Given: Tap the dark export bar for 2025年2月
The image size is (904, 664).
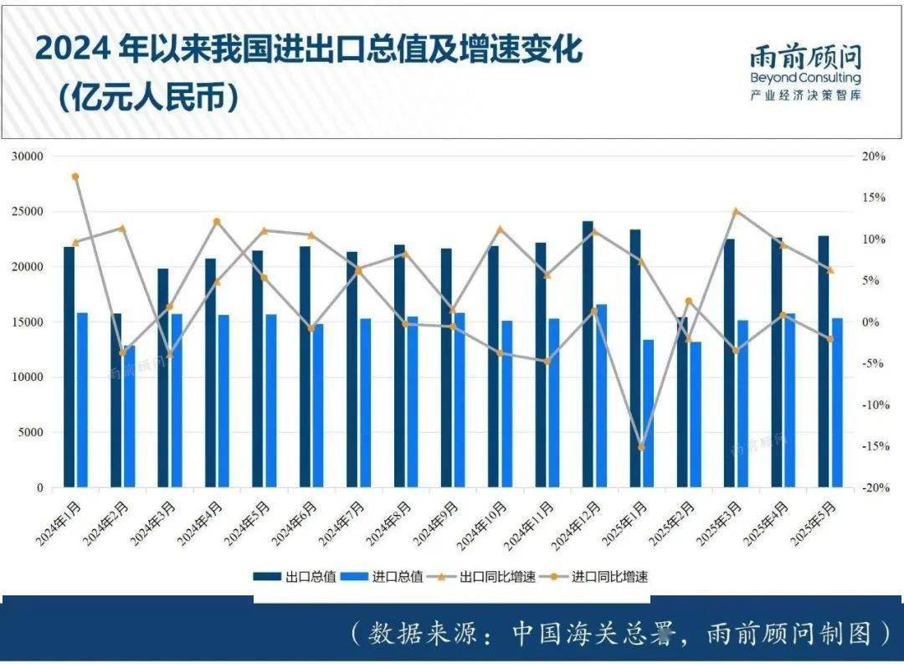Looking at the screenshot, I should coord(682,402).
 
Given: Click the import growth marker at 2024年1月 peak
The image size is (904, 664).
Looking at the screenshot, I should coord(75,177).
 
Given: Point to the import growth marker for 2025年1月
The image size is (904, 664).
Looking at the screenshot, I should coord(642,447).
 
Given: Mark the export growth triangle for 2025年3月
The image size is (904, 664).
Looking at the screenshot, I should coord(736,212).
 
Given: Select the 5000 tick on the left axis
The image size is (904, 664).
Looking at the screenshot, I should coord(31,433).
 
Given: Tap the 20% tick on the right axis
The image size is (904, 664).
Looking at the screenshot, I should coord(873,157).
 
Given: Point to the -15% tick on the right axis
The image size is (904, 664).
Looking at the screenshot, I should coord(875,446).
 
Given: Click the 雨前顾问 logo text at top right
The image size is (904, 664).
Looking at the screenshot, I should coord(805,57).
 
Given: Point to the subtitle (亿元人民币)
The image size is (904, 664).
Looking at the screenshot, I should coord(149,97).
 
